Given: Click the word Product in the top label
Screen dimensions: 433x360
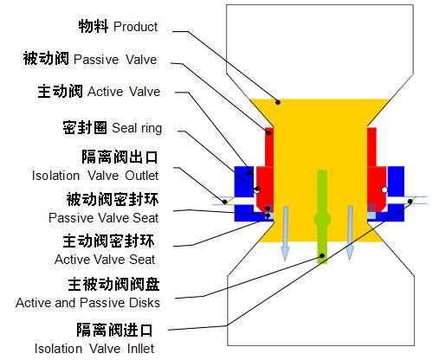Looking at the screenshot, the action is pos(135,27).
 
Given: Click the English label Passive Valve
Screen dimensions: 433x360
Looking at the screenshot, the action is pos(115,60).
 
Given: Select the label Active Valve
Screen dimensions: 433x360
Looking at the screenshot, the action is pos(124,92).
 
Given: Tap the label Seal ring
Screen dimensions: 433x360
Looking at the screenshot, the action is pos(137,128).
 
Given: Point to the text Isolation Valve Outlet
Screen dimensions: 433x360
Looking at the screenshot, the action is pos(95,176).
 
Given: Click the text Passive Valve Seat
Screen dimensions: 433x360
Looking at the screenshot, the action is pos(103,218).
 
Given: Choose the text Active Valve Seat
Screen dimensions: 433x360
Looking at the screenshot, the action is pos(105,260).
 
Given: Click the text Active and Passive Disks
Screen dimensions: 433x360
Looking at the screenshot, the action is pos(87,303).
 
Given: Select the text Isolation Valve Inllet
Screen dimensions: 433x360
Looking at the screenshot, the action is pos(94,349).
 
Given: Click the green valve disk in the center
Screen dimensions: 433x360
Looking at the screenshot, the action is pos(322,217).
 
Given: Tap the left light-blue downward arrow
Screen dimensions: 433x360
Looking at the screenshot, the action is pos(285,234).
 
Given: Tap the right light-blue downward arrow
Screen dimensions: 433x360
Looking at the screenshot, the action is pos(350,233).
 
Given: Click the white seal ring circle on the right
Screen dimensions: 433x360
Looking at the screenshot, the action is pos(385,190).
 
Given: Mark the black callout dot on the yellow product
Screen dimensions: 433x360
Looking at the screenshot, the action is pos(278,102).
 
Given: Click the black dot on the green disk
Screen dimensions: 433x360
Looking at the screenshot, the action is pos(322,255).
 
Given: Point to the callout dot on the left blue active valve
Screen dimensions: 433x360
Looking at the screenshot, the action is pos(249,173).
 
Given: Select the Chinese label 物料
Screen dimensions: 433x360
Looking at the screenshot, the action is pos(94,26).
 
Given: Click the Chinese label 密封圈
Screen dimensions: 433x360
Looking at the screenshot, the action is pos(85,127).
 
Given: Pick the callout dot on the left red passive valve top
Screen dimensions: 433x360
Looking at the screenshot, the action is pos(268,132).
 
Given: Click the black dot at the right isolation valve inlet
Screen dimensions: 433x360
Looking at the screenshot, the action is pos(410,201).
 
